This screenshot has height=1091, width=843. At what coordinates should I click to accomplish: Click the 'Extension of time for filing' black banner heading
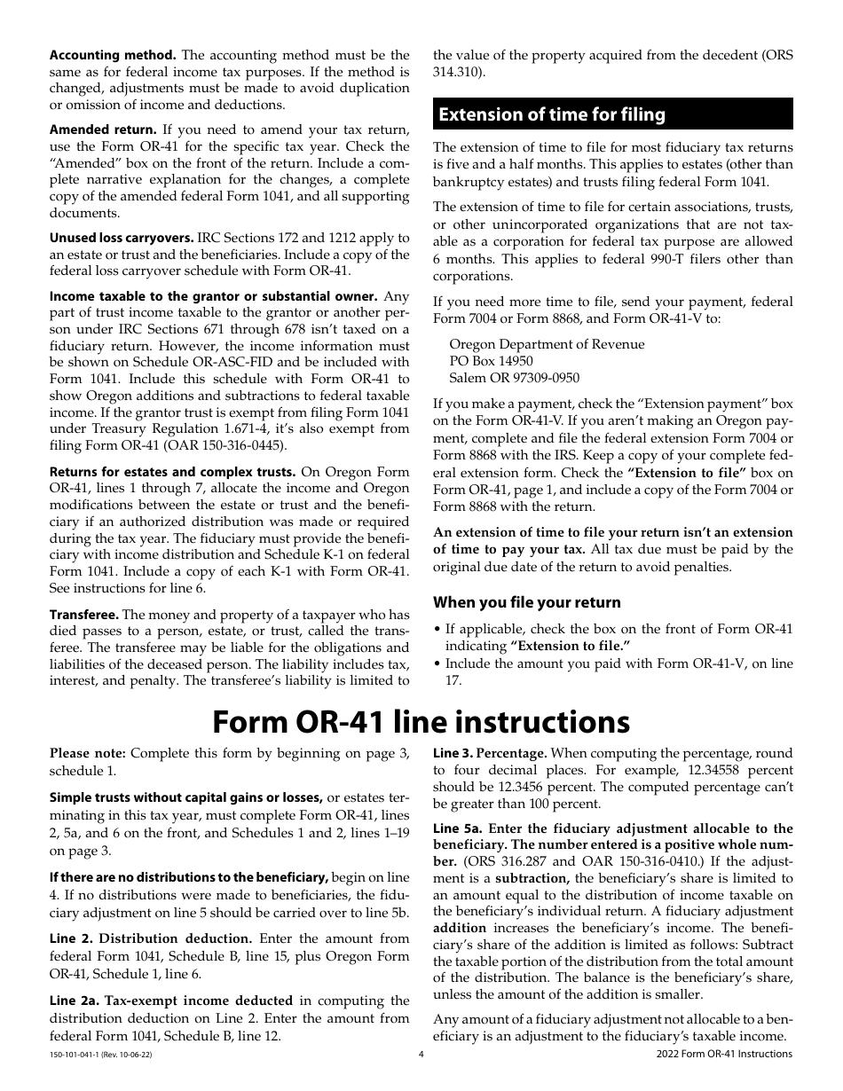(612, 114)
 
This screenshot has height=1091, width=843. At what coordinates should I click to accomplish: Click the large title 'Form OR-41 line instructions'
(421, 721)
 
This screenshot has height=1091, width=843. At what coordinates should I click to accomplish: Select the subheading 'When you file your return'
(526, 602)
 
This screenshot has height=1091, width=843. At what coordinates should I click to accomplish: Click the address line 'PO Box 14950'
(491, 361)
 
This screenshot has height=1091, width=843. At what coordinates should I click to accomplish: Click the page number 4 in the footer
(421, 1054)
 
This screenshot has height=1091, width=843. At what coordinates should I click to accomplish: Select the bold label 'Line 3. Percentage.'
(489, 753)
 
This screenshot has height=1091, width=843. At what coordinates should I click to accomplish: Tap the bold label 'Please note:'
(87, 753)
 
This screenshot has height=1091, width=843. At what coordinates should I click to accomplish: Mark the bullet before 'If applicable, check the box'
(437, 629)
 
